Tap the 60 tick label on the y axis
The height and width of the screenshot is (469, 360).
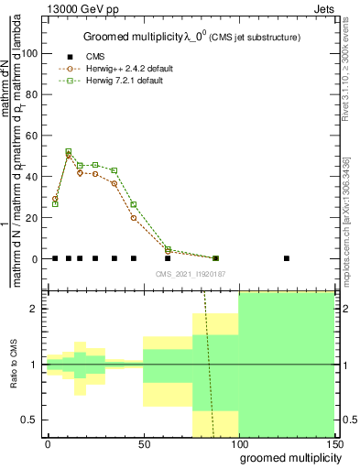pos(29,136)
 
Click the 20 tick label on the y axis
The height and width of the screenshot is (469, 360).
pos(29,218)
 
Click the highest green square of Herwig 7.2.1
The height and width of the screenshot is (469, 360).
pos(69,151)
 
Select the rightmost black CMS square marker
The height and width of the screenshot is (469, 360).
pos(287,258)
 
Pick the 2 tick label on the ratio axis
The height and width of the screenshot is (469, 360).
pos(33,309)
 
